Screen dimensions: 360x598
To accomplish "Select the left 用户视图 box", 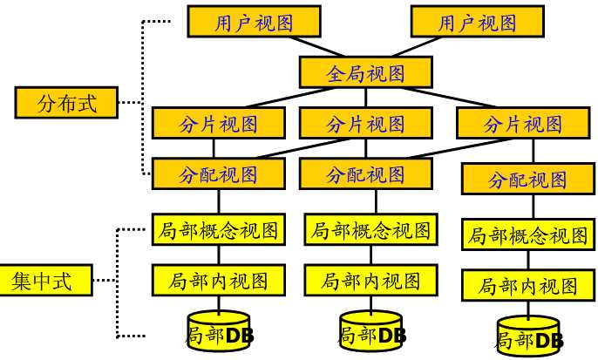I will point(255,23).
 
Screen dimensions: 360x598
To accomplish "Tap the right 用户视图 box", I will point(477,23).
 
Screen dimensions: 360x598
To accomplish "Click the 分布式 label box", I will point(66,103).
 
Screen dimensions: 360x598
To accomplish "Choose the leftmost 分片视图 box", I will point(218,124).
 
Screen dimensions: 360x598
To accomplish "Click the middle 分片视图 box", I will point(366,124).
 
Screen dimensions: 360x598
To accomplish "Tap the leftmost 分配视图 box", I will point(218,174).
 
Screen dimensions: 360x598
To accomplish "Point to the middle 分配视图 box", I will point(366,174).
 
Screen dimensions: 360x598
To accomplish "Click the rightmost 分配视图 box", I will point(527,180).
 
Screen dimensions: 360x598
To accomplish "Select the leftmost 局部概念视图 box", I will point(218,230).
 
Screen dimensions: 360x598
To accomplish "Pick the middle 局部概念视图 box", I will point(370,230).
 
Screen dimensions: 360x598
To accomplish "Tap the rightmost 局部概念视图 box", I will point(527,235).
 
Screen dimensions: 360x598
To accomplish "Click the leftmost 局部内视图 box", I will point(218,281).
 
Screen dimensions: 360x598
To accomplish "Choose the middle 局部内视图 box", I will point(370,281).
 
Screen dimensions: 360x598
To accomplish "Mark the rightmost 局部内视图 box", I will point(527,286).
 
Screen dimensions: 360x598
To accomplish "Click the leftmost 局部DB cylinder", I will point(218,332).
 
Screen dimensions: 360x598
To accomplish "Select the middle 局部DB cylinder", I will point(370,332).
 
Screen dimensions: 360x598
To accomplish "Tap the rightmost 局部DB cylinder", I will point(527,337).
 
